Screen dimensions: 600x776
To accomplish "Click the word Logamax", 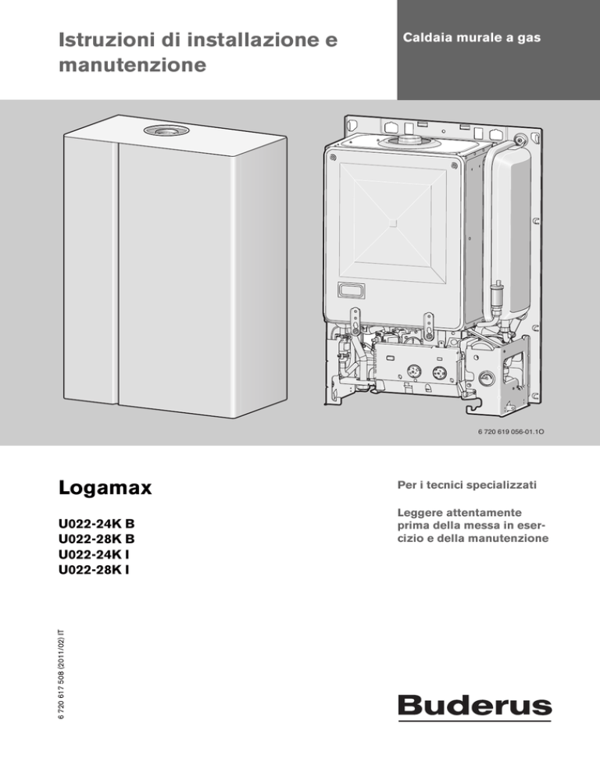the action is [105, 488].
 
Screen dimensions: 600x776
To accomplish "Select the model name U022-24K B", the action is [97, 523].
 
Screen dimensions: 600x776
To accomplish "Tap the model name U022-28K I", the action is [94, 570].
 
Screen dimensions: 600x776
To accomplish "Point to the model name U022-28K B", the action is [97, 539].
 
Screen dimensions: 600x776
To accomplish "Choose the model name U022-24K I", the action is [94, 554].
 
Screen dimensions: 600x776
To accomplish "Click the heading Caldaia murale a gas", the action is [471, 38].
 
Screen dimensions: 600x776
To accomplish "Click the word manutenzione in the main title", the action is [132, 65].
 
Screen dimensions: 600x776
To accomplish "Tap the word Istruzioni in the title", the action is [107, 40].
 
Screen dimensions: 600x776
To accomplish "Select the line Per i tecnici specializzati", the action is [466, 485].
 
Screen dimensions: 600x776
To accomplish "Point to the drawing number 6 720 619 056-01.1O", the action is [511, 432].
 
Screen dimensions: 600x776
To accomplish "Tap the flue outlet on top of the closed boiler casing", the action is [166, 130].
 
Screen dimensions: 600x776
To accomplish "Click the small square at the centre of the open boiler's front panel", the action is [394, 222].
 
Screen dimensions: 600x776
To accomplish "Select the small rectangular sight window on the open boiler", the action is [350, 290].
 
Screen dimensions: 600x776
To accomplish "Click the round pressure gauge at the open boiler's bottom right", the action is [486, 379].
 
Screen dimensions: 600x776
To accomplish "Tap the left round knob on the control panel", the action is [413, 371].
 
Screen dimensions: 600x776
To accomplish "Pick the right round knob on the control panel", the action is [439, 372].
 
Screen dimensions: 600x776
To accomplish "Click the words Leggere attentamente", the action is [459, 513].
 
